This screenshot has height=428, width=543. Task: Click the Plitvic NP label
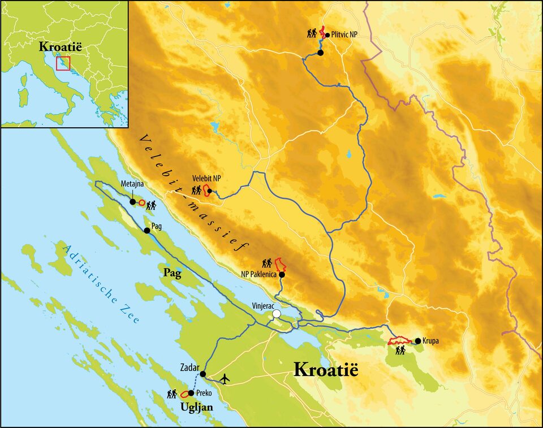point(344,34)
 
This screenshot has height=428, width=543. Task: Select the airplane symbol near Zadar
point(226,378)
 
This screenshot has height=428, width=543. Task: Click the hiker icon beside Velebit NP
point(196,191)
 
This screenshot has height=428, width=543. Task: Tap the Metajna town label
point(132,184)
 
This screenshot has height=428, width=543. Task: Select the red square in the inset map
point(63,62)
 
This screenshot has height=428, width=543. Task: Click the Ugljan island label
point(196,407)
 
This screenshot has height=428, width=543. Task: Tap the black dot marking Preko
point(191,393)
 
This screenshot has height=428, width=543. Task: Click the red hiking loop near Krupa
point(400,341)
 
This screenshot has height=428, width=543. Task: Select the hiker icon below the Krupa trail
point(400,351)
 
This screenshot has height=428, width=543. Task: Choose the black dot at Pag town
point(146,231)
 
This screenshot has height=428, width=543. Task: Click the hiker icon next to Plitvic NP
point(312,33)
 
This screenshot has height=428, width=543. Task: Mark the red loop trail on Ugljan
point(184,394)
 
